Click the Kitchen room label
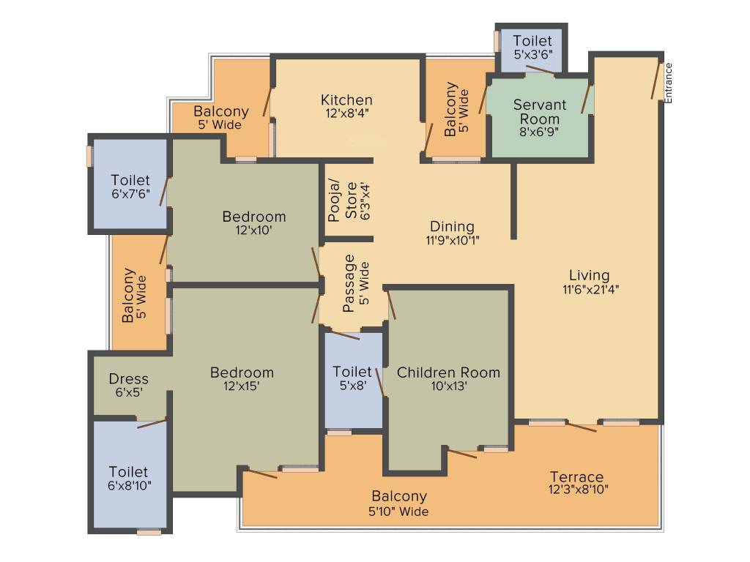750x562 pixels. point(346,100)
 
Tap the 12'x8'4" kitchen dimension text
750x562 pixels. point(346,113)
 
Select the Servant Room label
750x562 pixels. point(540,111)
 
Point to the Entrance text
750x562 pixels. point(668,83)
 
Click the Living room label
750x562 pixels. point(590,275)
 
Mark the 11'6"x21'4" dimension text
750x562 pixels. point(591,289)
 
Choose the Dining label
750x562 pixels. point(452,227)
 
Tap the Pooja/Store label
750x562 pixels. point(343,201)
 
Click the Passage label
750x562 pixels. point(349,283)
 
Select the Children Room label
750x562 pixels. point(448,372)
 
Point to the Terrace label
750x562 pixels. point(576,476)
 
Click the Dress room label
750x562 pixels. point(129,378)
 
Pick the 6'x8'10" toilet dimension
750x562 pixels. point(129,486)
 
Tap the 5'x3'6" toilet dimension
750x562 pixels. point(533,54)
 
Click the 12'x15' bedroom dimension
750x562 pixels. point(242,386)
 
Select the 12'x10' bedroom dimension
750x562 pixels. point(253,230)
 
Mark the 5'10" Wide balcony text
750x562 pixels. point(398,512)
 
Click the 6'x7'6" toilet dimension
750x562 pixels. point(130,193)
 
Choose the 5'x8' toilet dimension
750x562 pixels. point(353,385)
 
